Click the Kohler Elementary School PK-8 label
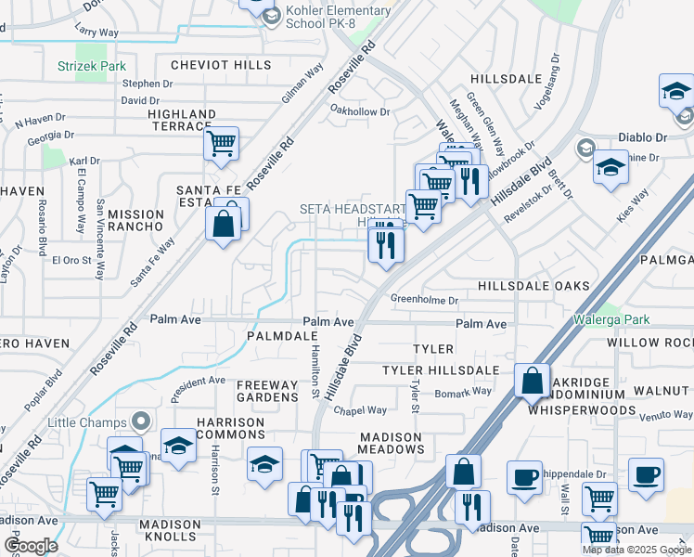click(339, 17)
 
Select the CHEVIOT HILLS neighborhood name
click(221, 65)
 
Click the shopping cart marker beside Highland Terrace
click(221, 144)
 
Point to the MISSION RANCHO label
click(135, 220)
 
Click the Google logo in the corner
click(31, 545)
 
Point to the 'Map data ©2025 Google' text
click(636, 550)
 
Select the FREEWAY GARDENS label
click(267, 391)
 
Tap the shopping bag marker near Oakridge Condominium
click(532, 381)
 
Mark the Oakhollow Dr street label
click(361, 111)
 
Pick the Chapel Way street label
click(360, 410)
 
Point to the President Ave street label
click(199, 381)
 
